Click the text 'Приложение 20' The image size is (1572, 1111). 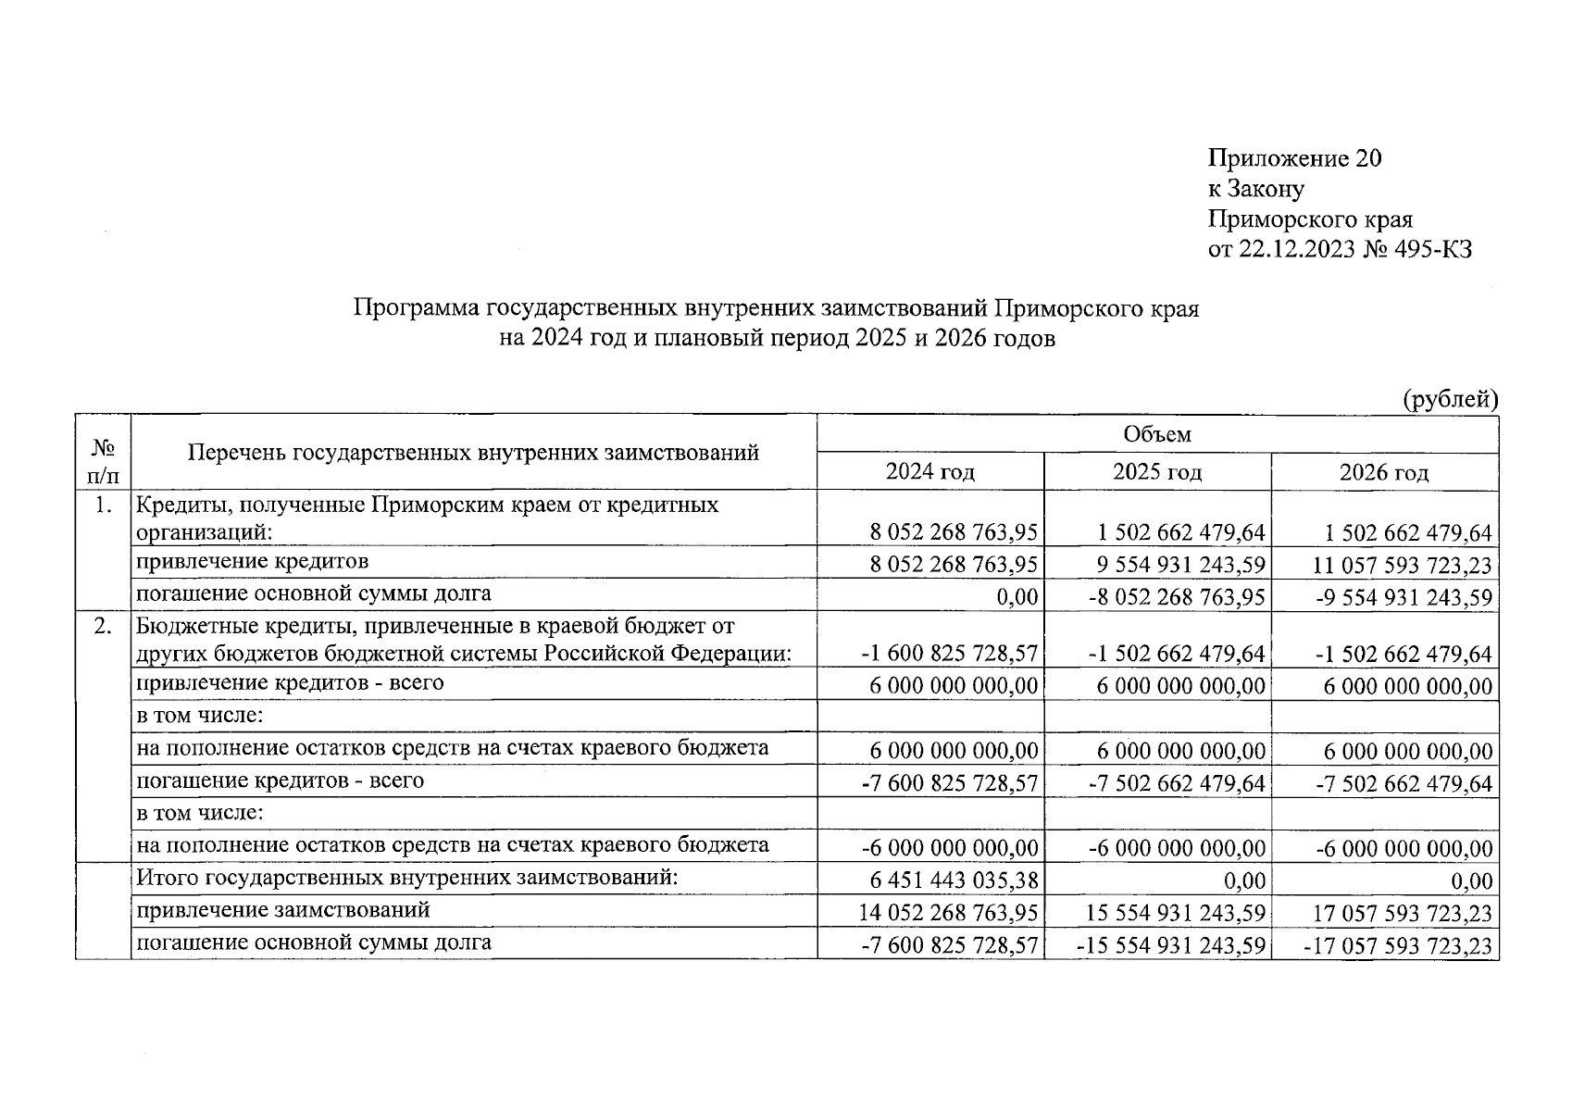(x=1294, y=159)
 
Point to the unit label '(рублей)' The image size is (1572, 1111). (x=1450, y=399)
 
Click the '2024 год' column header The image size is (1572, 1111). (x=930, y=472)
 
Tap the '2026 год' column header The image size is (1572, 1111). (x=1384, y=473)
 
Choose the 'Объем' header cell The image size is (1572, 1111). (x=1157, y=434)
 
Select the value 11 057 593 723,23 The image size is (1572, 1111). (x=1403, y=566)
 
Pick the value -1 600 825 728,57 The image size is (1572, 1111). (x=949, y=655)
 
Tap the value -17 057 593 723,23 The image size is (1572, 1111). (x=1403, y=946)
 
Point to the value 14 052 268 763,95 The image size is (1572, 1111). (x=948, y=914)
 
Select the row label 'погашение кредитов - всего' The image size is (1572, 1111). (x=281, y=780)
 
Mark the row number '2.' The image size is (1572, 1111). (x=103, y=627)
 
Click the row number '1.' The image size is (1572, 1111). (x=103, y=506)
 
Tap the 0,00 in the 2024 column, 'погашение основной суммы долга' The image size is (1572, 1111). (x=1017, y=598)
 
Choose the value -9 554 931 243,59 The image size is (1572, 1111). (x=1404, y=598)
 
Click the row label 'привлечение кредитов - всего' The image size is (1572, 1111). (x=290, y=683)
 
